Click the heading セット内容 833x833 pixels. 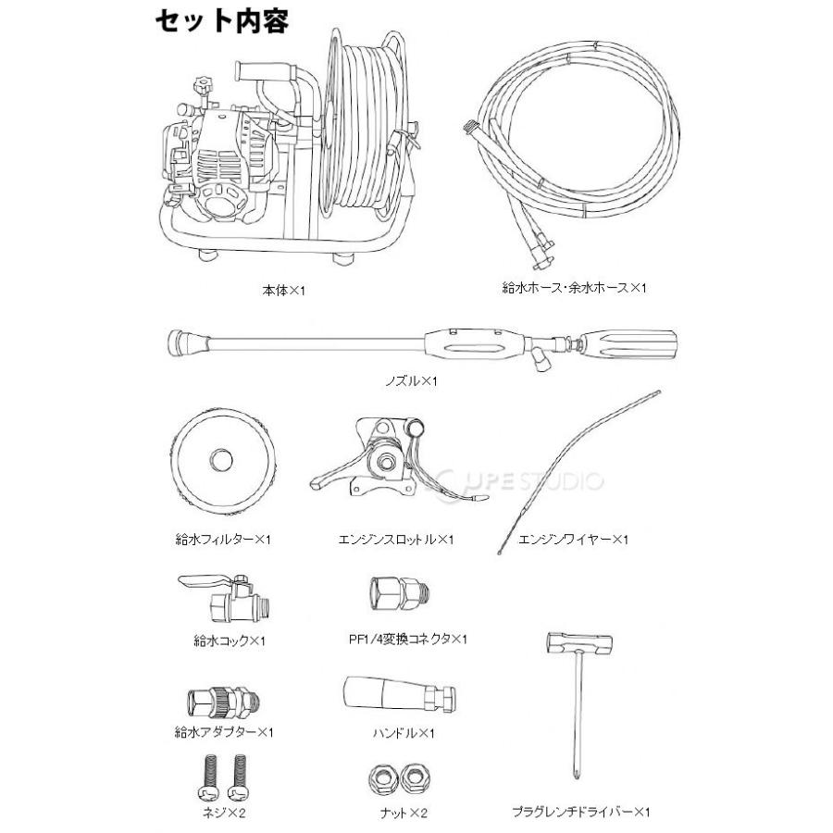tap(221, 21)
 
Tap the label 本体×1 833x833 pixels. tap(284, 290)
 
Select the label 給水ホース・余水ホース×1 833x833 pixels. tap(574, 288)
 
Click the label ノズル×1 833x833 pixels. tap(411, 380)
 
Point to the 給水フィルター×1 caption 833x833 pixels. tap(223, 540)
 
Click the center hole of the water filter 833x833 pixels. tap(221, 459)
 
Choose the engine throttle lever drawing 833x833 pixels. tap(398, 460)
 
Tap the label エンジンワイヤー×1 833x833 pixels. tap(573, 540)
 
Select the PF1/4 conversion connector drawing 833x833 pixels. tap(400, 593)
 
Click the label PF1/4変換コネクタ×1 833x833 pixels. tap(407, 639)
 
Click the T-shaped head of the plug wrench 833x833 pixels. tap(580, 643)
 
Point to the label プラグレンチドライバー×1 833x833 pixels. tap(581, 812)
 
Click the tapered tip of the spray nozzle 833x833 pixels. tap(188, 342)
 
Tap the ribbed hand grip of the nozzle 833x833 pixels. tap(628, 345)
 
